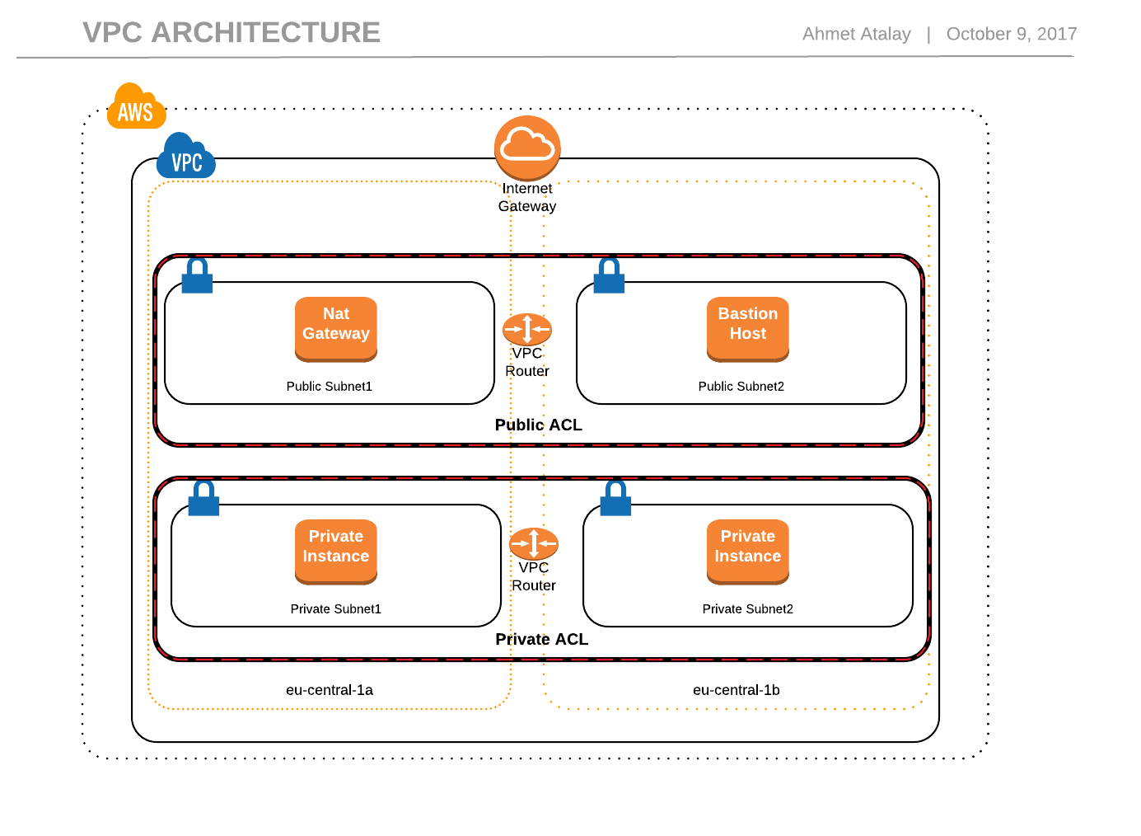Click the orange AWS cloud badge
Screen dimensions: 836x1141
(x=136, y=107)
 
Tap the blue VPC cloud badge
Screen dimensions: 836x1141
(x=186, y=157)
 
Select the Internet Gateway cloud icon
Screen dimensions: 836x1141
(x=527, y=148)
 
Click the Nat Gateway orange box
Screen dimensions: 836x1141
(x=336, y=328)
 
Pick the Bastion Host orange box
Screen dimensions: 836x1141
(x=747, y=328)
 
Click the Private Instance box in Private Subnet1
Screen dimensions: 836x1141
(x=336, y=551)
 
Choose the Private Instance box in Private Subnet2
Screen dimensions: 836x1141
(x=747, y=551)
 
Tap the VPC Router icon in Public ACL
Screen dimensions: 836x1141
(x=527, y=329)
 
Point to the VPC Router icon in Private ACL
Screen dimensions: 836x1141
(x=534, y=543)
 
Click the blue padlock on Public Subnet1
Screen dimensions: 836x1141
(x=197, y=276)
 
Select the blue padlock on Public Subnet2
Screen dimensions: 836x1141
(x=609, y=276)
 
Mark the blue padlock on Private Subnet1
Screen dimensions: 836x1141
(x=203, y=499)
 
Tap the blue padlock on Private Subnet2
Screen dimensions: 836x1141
(x=615, y=499)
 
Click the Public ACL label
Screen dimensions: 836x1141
(x=539, y=425)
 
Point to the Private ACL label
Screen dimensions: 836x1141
(x=541, y=639)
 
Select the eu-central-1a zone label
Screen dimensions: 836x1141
(x=330, y=690)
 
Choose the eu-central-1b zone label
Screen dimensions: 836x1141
(x=736, y=690)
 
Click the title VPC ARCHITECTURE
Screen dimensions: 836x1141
(x=231, y=33)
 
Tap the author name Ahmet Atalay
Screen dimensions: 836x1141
(x=856, y=34)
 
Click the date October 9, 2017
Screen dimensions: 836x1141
(x=1011, y=34)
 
